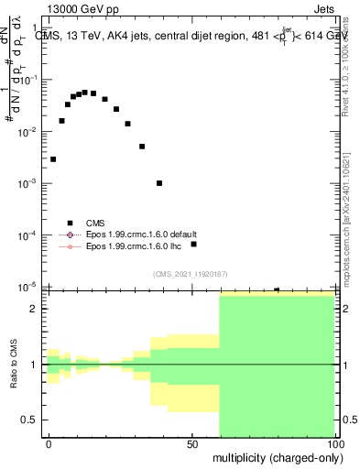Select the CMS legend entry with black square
(x=95, y=223)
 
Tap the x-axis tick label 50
(x=192, y=442)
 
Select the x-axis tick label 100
(x=334, y=442)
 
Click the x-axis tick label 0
(x=49, y=442)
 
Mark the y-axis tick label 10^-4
(x=29, y=235)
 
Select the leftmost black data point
(x=53, y=159)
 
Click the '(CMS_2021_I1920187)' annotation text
(x=190, y=274)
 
